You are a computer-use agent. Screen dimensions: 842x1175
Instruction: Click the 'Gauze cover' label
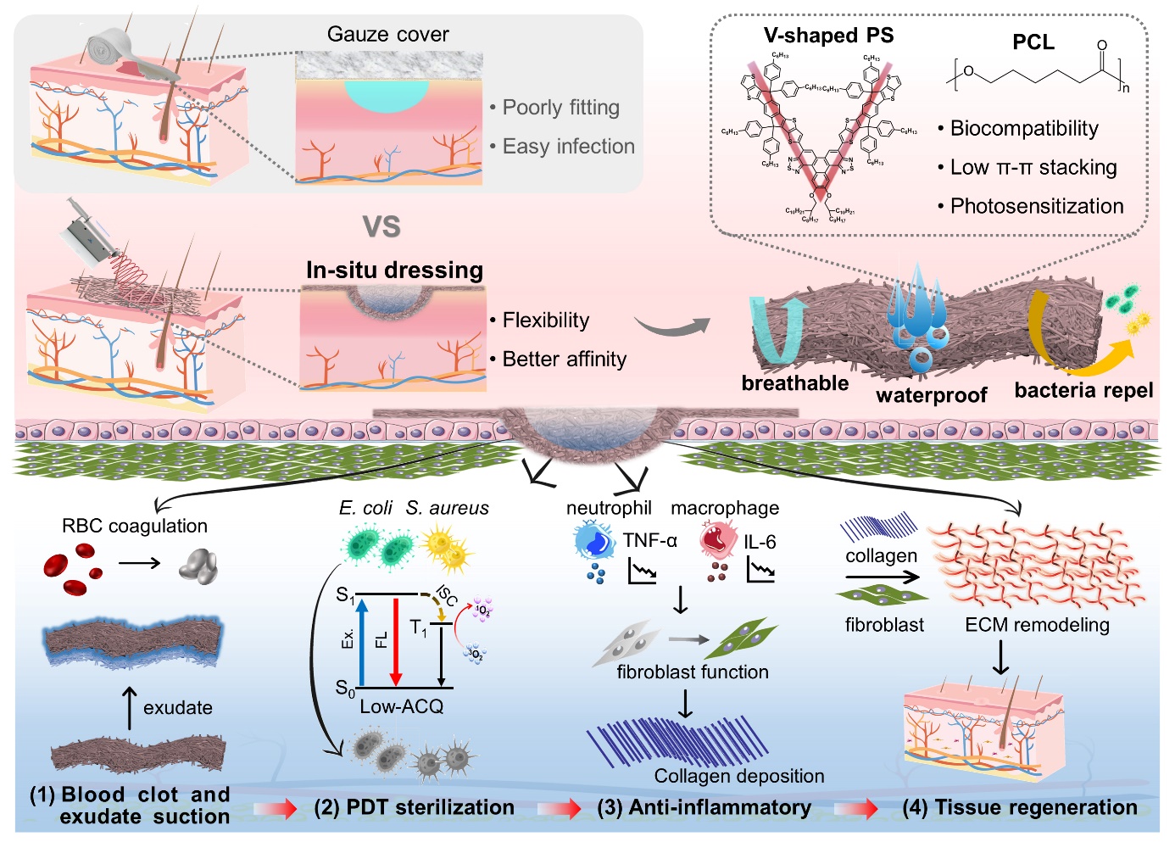[387, 35]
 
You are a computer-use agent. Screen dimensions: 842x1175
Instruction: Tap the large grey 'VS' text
[381, 226]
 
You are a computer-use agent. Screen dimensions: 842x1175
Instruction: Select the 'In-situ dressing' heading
[394, 270]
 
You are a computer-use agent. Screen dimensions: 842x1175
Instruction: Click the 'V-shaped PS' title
[828, 36]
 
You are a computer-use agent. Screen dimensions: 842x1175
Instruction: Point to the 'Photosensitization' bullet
[1036, 206]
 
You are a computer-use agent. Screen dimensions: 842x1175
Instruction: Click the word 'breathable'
[794, 383]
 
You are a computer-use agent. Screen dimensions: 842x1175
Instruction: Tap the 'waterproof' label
[931, 395]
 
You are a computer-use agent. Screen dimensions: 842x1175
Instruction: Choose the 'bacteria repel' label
[1083, 390]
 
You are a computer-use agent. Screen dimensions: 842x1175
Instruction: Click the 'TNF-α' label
[649, 541]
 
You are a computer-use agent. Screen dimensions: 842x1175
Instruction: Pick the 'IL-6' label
[760, 542]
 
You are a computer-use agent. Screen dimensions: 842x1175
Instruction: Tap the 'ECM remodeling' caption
[1037, 625]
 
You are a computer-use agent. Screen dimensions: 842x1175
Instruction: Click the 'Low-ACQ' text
[401, 706]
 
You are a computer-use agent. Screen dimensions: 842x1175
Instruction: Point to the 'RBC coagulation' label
[135, 526]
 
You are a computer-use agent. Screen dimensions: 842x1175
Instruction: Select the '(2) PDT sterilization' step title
[414, 807]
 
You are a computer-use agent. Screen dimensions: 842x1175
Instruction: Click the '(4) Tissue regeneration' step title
[1020, 807]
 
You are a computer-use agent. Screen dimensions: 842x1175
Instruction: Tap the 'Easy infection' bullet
[568, 147]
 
